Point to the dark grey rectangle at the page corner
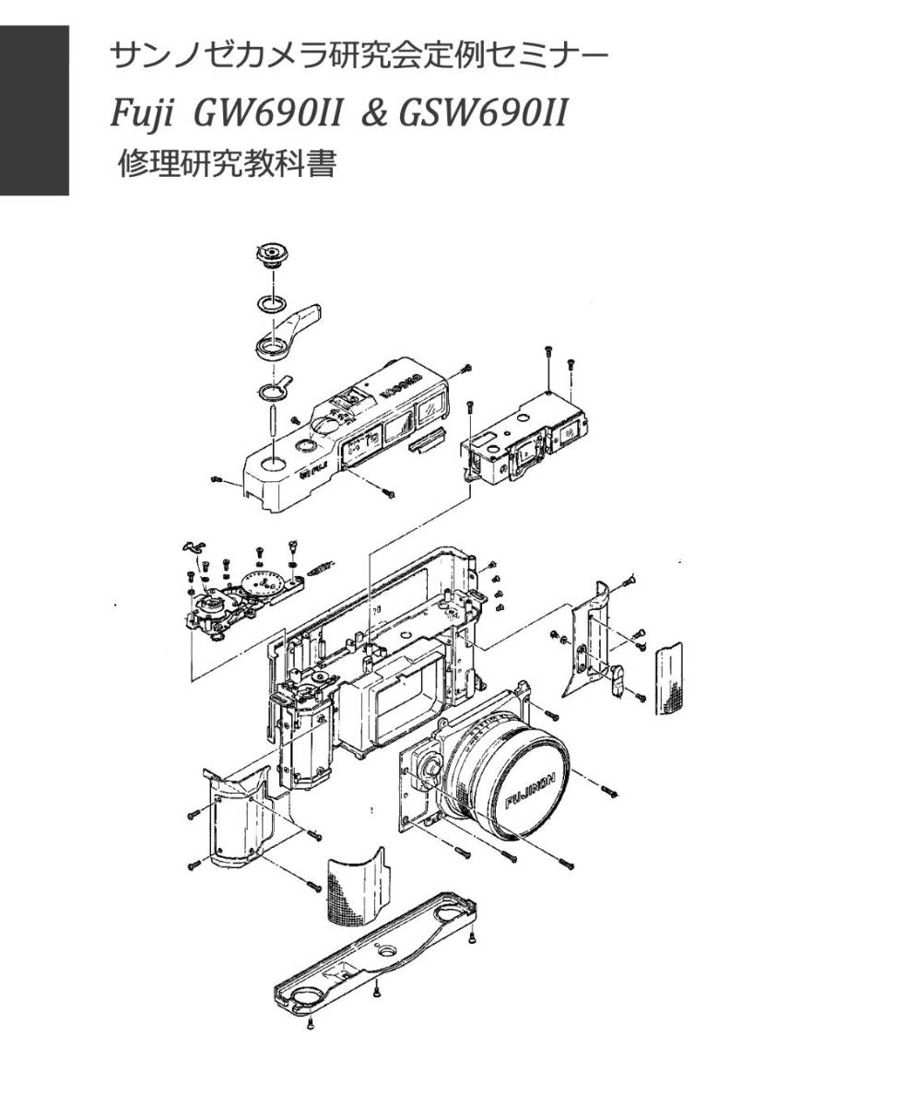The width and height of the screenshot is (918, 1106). pyautogui.click(x=34, y=110)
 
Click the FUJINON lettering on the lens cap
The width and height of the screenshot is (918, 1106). pyautogui.click(x=532, y=790)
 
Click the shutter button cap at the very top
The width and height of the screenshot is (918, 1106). pyautogui.click(x=272, y=253)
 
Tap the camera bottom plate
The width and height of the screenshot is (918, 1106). pyautogui.click(x=378, y=959)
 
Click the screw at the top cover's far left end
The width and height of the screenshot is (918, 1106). pyautogui.click(x=218, y=479)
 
